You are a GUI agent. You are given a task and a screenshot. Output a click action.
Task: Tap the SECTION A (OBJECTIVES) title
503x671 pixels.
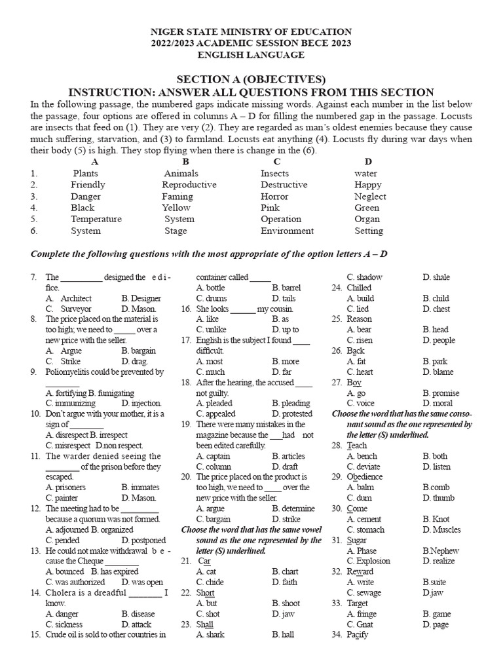pyautogui.click(x=251, y=79)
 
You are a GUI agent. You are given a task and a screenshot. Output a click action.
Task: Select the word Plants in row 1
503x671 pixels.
pyautogui.click(x=86, y=174)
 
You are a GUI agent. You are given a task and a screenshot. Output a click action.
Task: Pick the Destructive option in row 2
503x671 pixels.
pyautogui.click(x=284, y=185)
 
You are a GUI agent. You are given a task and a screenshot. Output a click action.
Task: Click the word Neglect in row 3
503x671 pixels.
pyautogui.click(x=370, y=197)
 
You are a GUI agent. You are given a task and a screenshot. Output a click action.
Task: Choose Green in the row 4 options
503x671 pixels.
pyautogui.click(x=367, y=208)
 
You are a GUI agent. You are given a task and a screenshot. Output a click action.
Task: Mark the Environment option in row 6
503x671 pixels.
pyautogui.click(x=287, y=231)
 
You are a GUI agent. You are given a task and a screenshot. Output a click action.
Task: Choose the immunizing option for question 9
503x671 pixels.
pyautogui.click(x=71, y=404)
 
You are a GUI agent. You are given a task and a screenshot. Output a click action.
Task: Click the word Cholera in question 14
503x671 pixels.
pyautogui.click(x=63, y=592)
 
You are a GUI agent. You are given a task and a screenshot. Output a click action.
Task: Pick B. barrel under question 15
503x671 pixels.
pyautogui.click(x=286, y=288)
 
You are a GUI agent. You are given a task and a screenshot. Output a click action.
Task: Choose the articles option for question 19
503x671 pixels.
pyautogui.click(x=289, y=456)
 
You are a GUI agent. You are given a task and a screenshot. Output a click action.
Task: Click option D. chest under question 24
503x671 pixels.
pyautogui.click(x=436, y=309)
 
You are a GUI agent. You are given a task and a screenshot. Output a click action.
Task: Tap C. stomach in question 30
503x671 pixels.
pyautogui.click(x=365, y=529)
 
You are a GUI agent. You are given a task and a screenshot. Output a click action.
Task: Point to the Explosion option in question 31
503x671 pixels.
pyautogui.click(x=368, y=561)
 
